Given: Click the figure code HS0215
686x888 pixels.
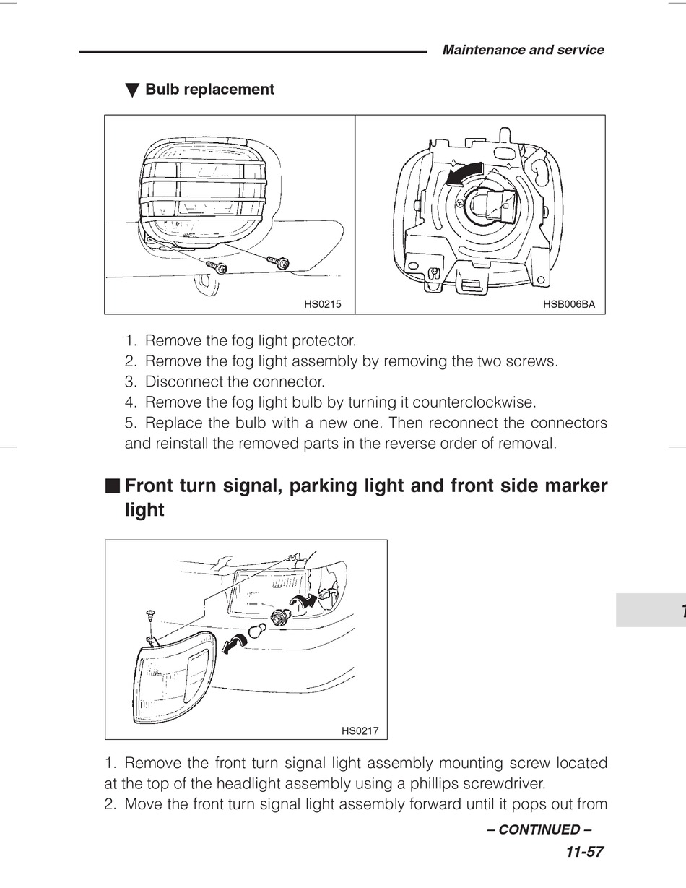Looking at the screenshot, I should (322, 305).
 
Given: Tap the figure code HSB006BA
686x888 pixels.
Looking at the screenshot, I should (568, 305).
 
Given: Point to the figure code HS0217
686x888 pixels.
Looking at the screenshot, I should (360, 731).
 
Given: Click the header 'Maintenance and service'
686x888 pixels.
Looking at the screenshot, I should (523, 50).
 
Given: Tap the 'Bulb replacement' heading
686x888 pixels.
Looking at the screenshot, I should (209, 90).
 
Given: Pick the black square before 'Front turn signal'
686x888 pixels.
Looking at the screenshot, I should (111, 485).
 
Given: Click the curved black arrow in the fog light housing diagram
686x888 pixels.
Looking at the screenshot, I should (461, 173).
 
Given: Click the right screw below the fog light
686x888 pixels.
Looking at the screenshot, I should (279, 262).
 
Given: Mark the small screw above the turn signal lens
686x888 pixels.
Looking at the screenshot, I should (147, 613).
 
